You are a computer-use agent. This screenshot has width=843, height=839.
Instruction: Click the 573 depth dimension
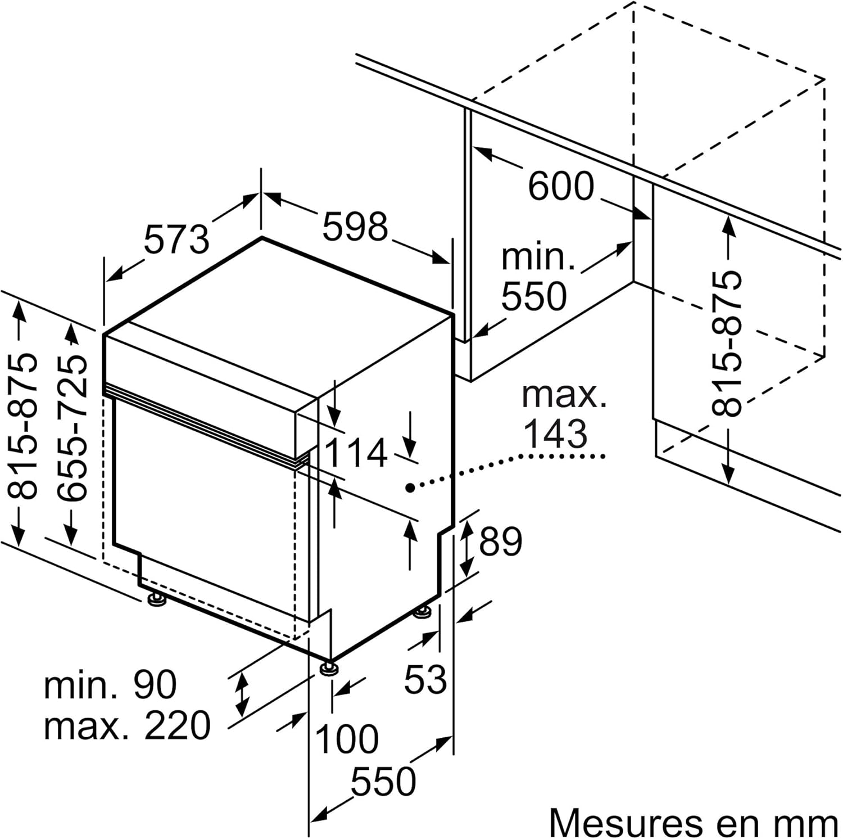click(x=176, y=238)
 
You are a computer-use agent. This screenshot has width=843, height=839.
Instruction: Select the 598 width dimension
click(x=355, y=226)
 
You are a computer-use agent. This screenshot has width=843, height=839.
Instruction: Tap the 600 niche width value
click(x=560, y=186)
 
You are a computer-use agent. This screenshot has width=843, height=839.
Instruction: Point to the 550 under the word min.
click(x=534, y=296)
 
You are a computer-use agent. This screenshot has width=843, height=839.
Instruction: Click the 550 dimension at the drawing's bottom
click(x=383, y=781)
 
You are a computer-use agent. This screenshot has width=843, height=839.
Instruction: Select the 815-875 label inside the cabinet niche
click(x=727, y=344)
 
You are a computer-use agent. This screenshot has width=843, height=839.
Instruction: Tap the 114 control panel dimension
click(x=356, y=453)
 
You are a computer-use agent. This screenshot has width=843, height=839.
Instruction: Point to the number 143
click(x=555, y=434)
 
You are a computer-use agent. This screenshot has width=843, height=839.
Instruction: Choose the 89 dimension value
click(x=501, y=541)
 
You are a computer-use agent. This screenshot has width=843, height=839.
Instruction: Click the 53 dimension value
click(x=425, y=679)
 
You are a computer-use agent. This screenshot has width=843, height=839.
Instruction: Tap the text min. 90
click(x=110, y=684)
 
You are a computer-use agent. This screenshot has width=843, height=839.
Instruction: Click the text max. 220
click(x=127, y=725)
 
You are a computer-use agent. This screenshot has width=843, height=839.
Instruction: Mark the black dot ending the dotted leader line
click(x=411, y=488)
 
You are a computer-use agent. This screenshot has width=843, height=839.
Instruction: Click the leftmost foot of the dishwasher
click(x=156, y=599)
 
